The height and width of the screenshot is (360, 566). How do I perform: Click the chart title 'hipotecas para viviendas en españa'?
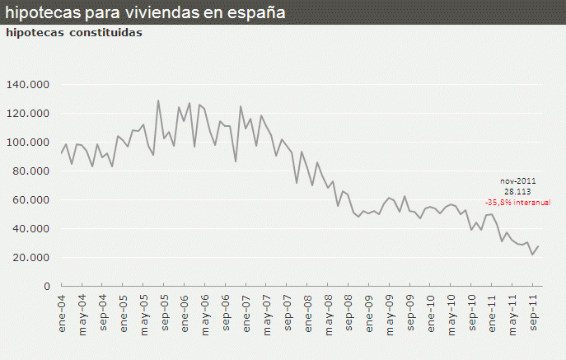click(146, 12)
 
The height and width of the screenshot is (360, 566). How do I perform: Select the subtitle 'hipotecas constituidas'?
click(74, 33)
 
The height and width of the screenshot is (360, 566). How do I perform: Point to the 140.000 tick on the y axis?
click(28, 85)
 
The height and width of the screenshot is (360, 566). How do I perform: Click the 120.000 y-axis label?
click(28, 114)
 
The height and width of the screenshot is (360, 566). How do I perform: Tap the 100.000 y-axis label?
click(28, 143)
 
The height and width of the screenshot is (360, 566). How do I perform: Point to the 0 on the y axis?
click(47, 287)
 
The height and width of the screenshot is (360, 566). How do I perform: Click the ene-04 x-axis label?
click(62, 311)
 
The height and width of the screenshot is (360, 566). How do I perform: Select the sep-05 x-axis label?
click(164, 311)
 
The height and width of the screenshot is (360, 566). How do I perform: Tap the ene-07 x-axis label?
click(246, 311)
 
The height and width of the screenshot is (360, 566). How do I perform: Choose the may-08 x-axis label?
click(328, 311)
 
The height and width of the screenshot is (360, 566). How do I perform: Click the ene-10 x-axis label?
click(430, 311)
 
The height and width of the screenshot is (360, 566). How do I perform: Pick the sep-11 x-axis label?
click(532, 311)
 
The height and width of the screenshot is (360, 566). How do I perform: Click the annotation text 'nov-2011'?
click(517, 180)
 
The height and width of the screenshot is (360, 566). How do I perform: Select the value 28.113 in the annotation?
click(517, 190)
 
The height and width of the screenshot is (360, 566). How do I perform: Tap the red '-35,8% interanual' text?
click(517, 201)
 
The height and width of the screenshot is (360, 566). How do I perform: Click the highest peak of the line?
click(158, 101)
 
